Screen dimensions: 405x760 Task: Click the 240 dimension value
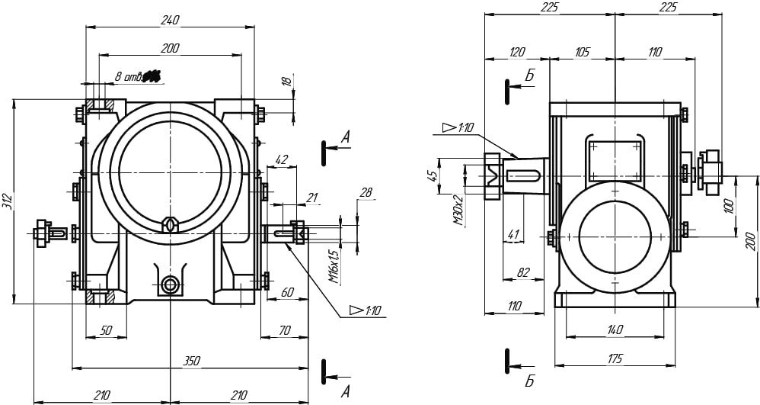click(x=170, y=20)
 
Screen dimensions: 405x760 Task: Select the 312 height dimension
click(x=7, y=201)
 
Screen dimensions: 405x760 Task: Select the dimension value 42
click(x=280, y=160)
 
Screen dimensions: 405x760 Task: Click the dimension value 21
click(x=311, y=198)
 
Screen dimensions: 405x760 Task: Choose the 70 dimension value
click(x=284, y=330)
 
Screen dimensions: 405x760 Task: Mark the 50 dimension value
click(x=106, y=330)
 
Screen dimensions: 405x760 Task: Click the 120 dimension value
click(x=517, y=52)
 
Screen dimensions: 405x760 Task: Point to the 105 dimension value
click(x=582, y=52)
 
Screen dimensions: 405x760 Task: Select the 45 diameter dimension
click(x=433, y=176)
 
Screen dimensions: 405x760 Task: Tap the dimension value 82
click(x=522, y=272)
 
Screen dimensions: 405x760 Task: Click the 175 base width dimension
click(x=615, y=358)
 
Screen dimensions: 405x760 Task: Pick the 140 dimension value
click(x=615, y=329)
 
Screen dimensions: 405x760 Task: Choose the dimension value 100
click(x=728, y=204)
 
